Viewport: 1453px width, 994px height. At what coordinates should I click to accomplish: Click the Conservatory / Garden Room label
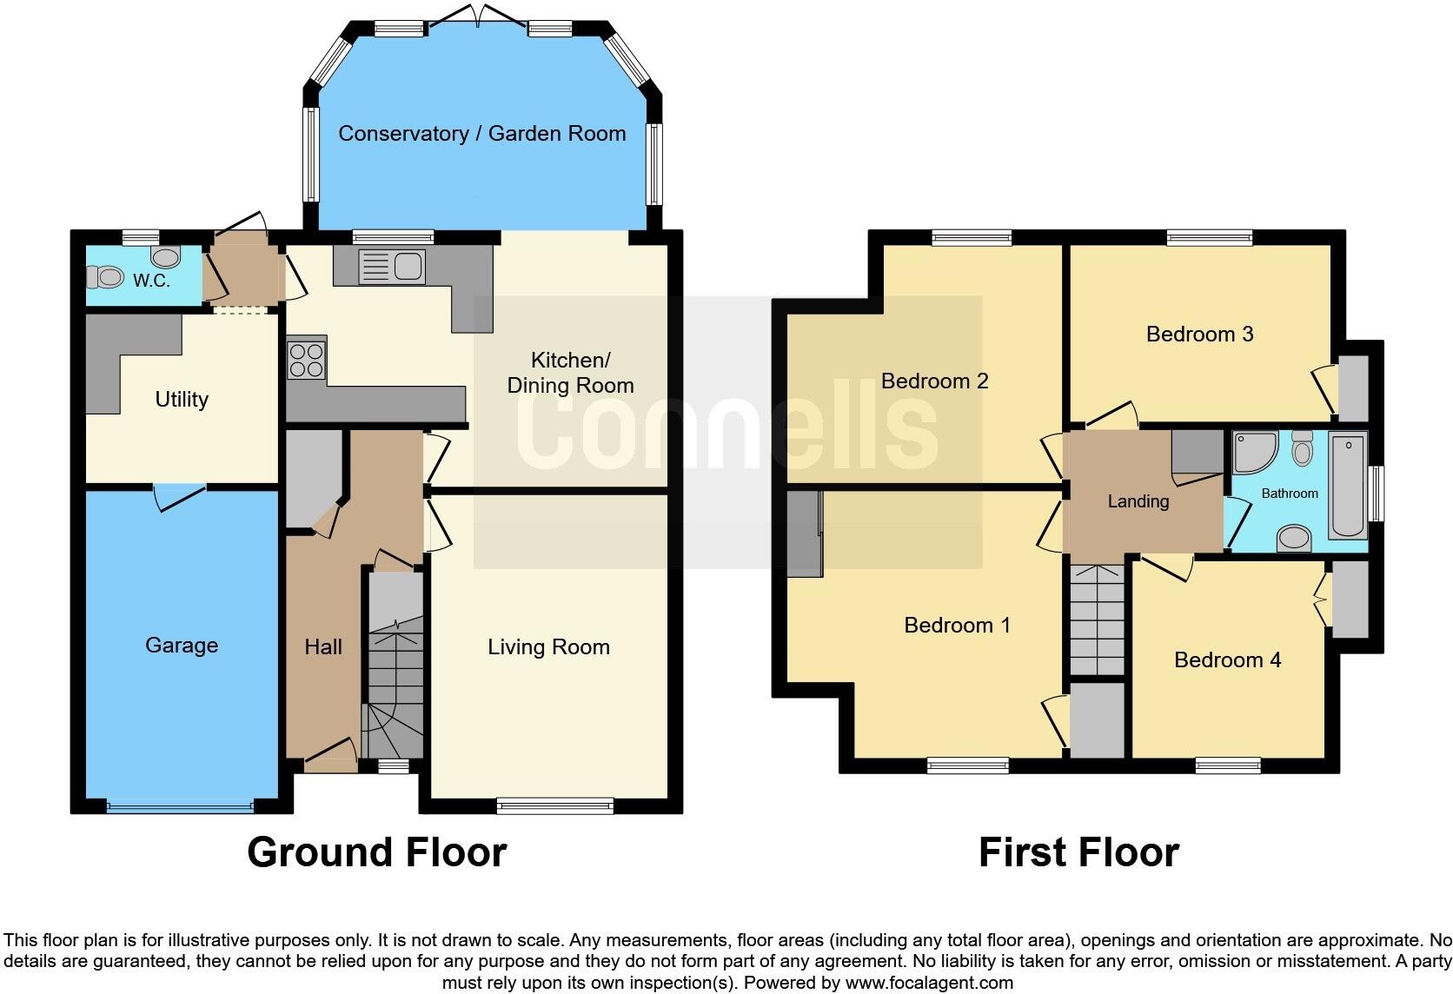481,134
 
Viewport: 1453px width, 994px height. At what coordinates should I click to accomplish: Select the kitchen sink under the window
391,266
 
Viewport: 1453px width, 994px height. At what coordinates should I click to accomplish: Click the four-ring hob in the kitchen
306,360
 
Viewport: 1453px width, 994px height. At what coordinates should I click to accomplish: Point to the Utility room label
182,400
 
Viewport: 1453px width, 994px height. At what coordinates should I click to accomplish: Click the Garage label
182,646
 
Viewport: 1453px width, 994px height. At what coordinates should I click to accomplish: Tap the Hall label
323,647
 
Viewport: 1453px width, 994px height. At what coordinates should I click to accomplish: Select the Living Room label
548,647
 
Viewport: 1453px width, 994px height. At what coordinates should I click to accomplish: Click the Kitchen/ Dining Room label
570,373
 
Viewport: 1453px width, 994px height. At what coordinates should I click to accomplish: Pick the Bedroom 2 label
934,381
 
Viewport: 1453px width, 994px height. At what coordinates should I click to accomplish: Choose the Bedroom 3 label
1199,335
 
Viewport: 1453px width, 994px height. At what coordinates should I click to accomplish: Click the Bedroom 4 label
1227,660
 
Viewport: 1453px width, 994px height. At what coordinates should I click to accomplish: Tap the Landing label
1138,501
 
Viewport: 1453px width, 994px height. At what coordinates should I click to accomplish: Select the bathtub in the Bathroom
1348,486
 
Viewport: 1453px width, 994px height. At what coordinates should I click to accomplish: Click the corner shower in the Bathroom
1252,452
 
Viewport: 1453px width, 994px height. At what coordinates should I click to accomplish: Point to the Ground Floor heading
376,852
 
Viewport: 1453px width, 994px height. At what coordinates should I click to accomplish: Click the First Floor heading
1078,852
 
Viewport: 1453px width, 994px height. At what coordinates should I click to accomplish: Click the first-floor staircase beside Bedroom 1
1098,619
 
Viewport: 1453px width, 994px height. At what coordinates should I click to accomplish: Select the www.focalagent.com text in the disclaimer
928,984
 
